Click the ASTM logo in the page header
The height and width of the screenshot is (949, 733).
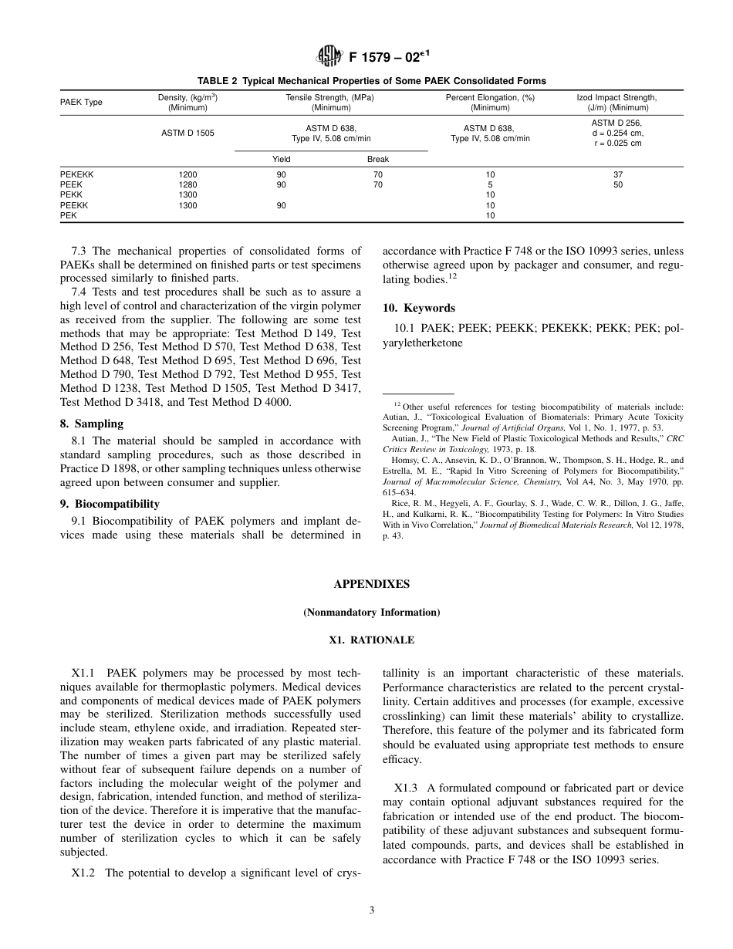coord(329,56)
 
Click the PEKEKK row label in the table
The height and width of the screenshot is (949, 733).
coord(76,174)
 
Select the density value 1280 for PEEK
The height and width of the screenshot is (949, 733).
coord(187,185)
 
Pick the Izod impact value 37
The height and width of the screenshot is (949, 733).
coord(617,174)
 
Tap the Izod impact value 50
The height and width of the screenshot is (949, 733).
coord(617,185)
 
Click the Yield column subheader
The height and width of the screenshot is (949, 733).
coord(282,159)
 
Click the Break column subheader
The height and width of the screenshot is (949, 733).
coord(377,159)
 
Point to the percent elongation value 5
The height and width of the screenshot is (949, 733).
coord(490,185)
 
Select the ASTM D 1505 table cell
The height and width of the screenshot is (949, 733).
coord(187,133)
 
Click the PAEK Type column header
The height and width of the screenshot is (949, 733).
coord(81,103)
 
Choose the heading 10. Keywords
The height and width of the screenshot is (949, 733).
coord(419,308)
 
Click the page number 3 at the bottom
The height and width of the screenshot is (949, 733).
coord(371,910)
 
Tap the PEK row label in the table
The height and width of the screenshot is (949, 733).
coord(68,216)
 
